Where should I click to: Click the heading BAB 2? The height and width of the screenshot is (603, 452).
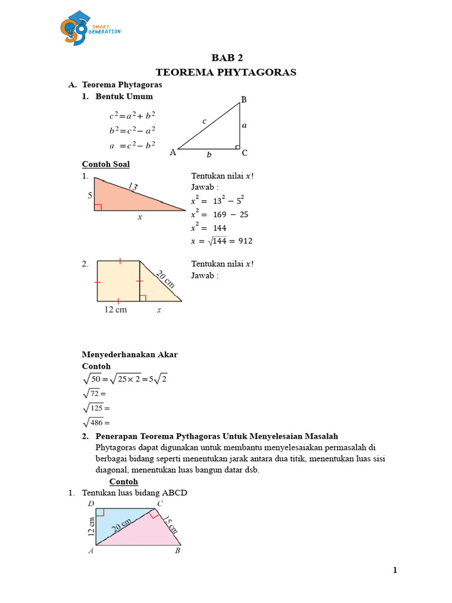(x=227, y=58)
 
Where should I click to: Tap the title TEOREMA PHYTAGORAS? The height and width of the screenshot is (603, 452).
(x=226, y=72)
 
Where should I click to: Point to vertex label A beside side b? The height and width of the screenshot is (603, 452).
(x=172, y=153)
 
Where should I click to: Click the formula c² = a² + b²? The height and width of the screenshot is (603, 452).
(x=132, y=116)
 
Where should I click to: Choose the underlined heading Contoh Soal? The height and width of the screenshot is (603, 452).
(x=105, y=164)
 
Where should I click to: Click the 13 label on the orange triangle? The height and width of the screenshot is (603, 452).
(x=132, y=187)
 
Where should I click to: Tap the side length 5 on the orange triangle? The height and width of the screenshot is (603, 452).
(x=90, y=195)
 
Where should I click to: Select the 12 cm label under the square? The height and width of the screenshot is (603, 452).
(x=115, y=310)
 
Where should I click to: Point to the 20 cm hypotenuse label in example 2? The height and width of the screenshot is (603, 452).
(x=167, y=277)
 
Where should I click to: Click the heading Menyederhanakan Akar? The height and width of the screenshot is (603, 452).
(x=129, y=354)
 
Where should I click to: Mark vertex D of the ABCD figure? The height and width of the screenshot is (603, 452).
(x=91, y=503)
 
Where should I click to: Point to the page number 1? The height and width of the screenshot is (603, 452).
(x=395, y=570)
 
